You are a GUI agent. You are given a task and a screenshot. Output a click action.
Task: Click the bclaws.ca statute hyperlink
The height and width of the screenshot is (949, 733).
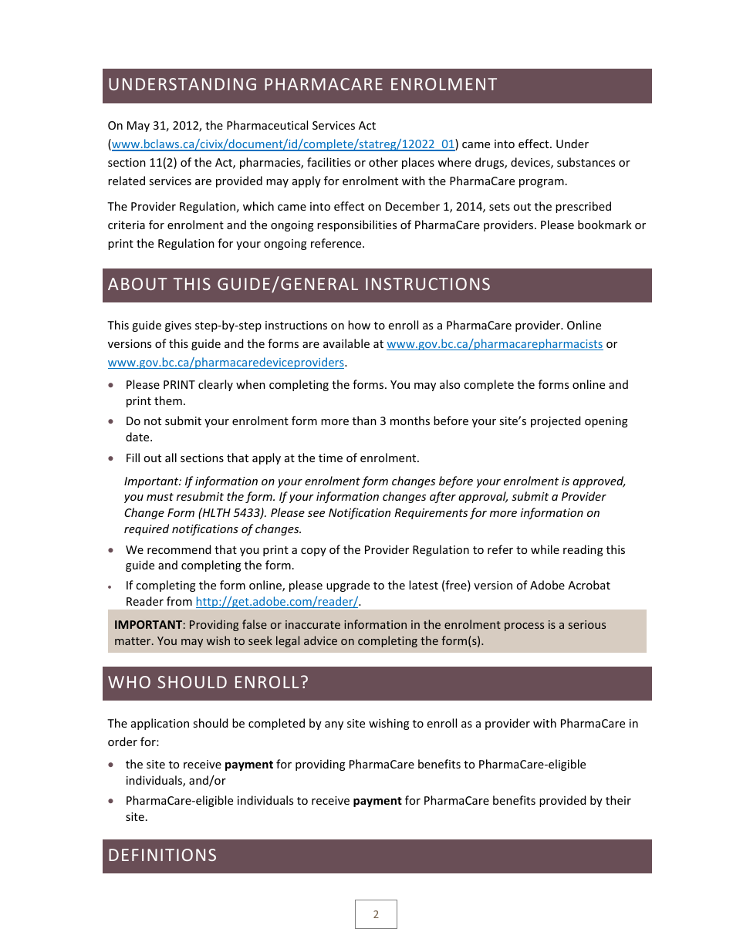pos(284,144)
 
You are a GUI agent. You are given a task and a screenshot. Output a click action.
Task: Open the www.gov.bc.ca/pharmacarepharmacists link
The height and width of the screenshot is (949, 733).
pos(494,344)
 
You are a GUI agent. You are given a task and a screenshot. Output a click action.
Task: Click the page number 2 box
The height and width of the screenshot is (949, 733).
pos(376,914)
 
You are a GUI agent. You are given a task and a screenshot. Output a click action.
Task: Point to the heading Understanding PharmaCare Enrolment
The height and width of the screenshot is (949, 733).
pos(302,85)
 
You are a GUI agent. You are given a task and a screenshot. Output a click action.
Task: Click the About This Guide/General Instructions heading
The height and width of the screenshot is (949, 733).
pos(299,285)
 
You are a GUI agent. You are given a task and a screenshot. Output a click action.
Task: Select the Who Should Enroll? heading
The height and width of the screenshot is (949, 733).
pos(208,683)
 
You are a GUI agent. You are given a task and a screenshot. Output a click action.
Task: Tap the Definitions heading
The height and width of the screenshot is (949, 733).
pos(163,856)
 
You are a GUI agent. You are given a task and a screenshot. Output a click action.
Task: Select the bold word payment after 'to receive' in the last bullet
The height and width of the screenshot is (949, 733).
pos(377,801)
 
